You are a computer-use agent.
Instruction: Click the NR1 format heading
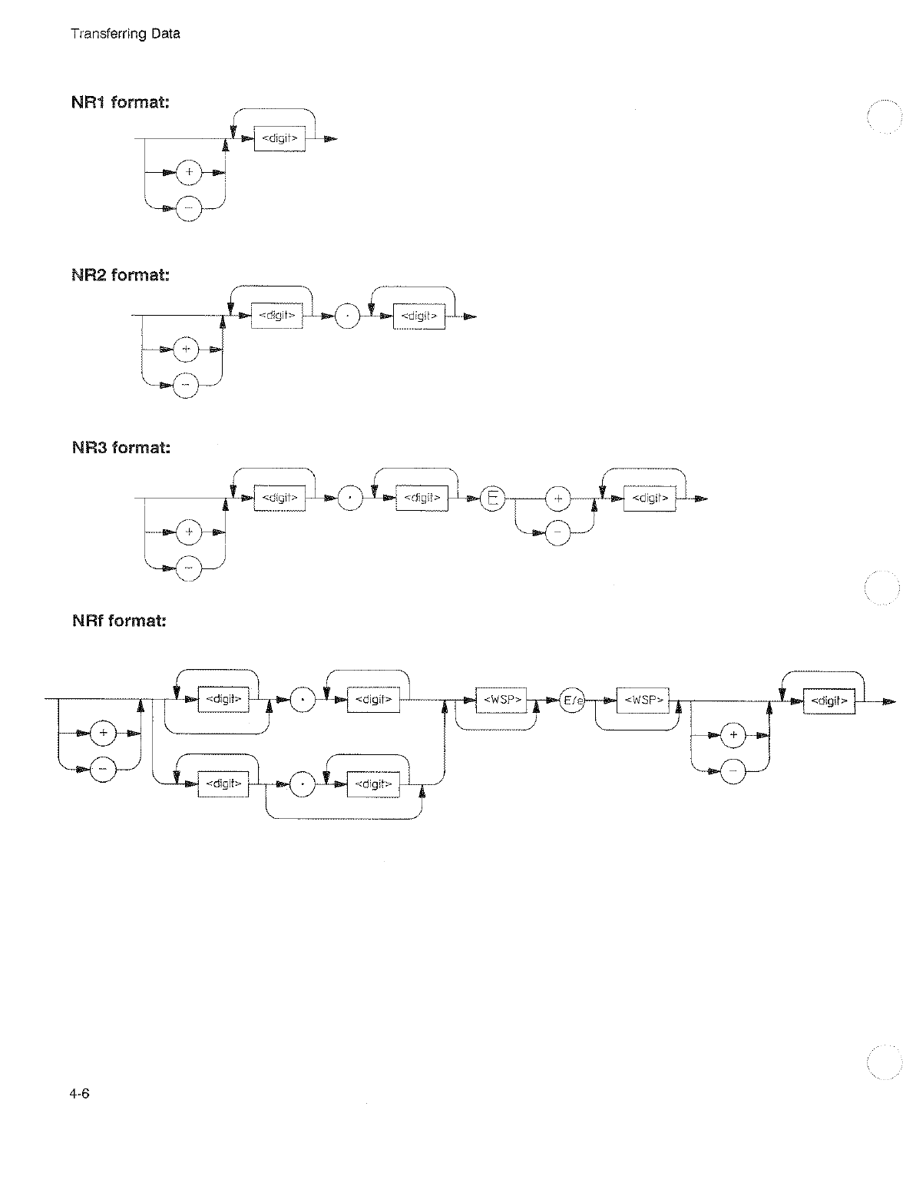click(x=121, y=102)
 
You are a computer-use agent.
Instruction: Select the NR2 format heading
click(x=121, y=275)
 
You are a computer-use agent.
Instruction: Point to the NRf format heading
click(x=119, y=620)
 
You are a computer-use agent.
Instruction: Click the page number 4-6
click(x=81, y=1095)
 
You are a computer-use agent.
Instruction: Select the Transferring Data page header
click(x=125, y=34)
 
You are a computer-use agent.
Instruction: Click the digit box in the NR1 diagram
click(x=279, y=139)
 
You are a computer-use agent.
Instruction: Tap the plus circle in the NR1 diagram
click(x=189, y=173)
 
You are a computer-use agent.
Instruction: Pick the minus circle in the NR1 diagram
click(x=189, y=207)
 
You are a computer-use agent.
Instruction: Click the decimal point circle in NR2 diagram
click(x=348, y=316)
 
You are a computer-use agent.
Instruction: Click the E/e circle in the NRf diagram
click(x=573, y=701)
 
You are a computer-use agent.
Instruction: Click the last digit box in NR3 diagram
click(x=650, y=499)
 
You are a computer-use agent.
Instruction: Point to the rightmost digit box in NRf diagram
click(x=829, y=701)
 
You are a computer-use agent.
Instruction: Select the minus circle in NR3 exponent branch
click(x=558, y=532)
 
